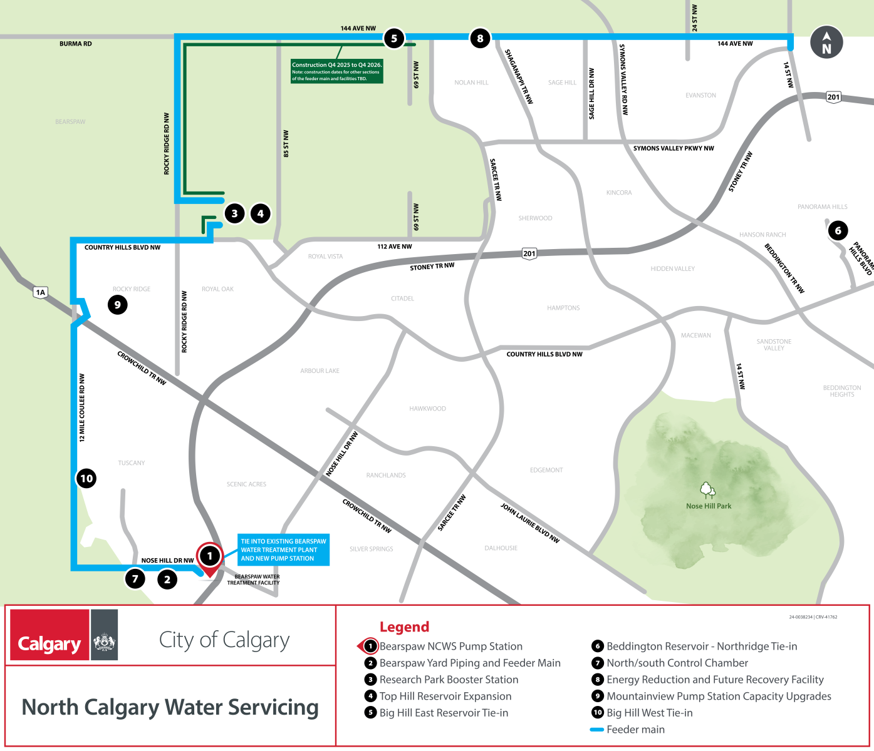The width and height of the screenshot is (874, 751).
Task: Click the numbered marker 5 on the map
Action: coord(394,38)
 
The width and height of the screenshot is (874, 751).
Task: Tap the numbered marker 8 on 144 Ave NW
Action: coord(480,38)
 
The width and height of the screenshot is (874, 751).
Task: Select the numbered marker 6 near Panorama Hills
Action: coord(838,230)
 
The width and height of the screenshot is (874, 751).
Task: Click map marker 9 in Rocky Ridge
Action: coord(117,305)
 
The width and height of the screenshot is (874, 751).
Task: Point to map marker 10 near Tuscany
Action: coord(86,479)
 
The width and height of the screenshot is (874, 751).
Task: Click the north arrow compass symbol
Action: coord(826,43)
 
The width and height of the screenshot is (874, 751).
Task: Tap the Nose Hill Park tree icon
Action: coord(707,489)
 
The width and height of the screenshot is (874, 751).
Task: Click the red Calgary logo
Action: coord(49,635)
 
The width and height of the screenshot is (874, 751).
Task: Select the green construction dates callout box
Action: coord(336,71)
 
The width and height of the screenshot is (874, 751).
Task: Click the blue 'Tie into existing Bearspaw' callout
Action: coord(283,549)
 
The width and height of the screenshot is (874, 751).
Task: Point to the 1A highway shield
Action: coord(41,292)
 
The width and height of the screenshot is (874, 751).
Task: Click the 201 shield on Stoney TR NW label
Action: coord(529,253)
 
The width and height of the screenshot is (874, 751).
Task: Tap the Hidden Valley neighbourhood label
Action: coord(672,268)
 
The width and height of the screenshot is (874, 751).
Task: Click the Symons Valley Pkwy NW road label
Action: coord(674,148)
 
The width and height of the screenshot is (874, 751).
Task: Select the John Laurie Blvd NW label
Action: coord(529,523)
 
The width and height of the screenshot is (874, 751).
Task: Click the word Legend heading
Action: coord(404,626)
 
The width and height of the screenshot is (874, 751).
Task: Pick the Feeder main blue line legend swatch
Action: coord(596,730)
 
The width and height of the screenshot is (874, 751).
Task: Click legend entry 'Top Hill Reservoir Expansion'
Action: coord(445,696)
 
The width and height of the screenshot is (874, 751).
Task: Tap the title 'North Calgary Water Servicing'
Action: coord(170,707)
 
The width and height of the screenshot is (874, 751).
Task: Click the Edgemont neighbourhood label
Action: coord(546,470)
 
